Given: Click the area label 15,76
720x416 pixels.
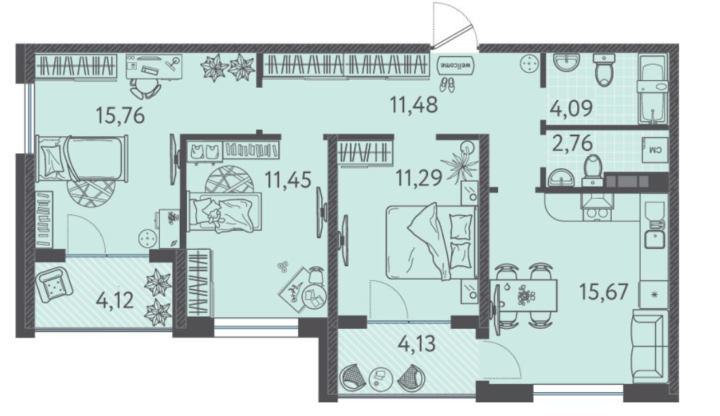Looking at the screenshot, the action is click(x=120, y=115).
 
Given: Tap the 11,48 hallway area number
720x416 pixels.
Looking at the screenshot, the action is click(x=414, y=104).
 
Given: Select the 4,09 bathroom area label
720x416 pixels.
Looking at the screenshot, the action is click(x=571, y=109).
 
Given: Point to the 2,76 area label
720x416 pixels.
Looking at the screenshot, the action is click(x=572, y=144).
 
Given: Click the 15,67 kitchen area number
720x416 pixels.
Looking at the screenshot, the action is click(x=604, y=291).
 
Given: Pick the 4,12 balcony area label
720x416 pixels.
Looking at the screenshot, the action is click(x=115, y=301).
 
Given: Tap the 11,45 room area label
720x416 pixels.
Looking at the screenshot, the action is click(x=289, y=179).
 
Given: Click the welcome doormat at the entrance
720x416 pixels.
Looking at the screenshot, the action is click(x=455, y=65).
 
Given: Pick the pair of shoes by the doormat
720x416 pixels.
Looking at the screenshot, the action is click(x=447, y=84).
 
